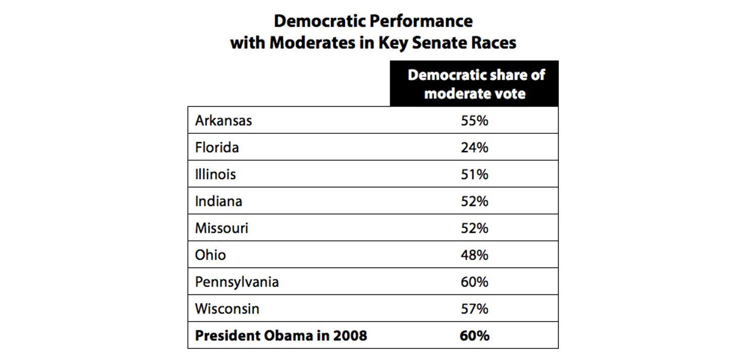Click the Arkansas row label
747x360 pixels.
point(223,121)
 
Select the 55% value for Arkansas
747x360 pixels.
point(474,121)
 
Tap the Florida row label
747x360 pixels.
point(217,147)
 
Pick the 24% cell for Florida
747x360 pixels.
point(474,147)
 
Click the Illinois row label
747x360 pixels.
point(216,174)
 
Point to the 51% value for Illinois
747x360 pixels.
point(474,174)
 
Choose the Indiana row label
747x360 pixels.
point(219,201)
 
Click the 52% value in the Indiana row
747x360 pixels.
point(474,201)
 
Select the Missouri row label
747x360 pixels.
point(222,228)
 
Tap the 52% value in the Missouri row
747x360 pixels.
point(474,228)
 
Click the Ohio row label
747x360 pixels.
point(210,254)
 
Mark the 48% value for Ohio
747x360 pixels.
point(474,254)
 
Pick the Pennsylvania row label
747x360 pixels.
point(237,282)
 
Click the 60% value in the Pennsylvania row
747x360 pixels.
point(474,282)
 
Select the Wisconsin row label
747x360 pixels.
point(227,308)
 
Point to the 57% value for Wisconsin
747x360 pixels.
point(474,308)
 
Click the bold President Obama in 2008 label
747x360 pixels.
point(281,335)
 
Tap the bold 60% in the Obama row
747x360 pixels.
point(474,335)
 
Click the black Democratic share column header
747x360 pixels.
point(474,84)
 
